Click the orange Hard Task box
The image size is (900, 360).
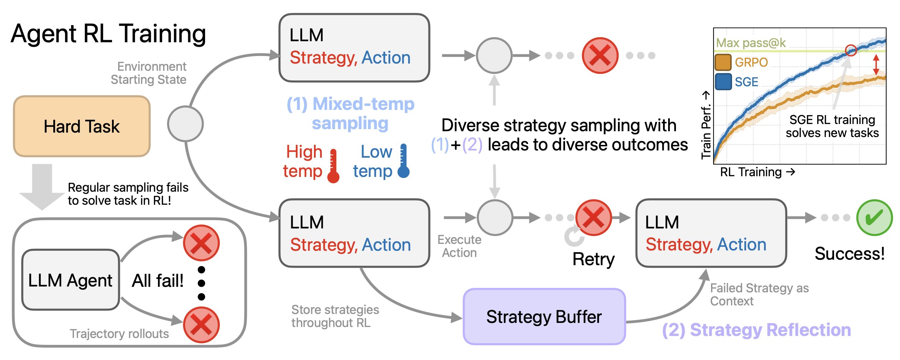coord(82,126)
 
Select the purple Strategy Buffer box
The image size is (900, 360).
coord(544,317)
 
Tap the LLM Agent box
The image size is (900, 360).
coord(70,280)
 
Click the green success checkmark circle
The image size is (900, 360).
coord(874,217)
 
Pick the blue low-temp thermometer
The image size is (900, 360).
coord(404,161)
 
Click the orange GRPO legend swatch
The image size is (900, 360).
coord(723,63)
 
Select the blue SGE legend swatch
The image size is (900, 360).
coord(723,82)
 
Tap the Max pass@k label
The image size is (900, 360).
coord(751,43)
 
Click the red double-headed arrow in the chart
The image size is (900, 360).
coord(876,64)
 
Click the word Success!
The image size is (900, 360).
coord(850,254)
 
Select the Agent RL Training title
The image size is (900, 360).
coord(108,34)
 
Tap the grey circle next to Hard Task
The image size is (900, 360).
coord(185,124)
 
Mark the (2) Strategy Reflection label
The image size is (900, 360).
coord(756,330)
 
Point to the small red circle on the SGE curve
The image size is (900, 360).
coord(851,50)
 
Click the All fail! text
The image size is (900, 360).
coord(158,281)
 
